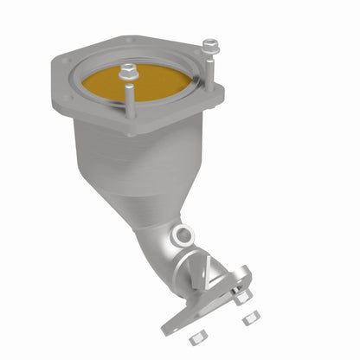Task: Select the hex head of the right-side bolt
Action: coord(209,43)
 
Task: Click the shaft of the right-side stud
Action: coord(208,66)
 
